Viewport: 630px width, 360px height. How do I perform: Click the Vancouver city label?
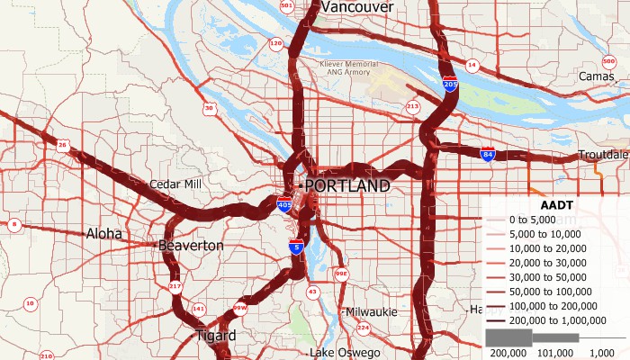pyautogui.click(x=357, y=7)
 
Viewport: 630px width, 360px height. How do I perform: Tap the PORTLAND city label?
pyautogui.click(x=346, y=186)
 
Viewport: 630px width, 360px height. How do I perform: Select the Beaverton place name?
pyautogui.click(x=191, y=245)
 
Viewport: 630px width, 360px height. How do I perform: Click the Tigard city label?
pyautogui.click(x=216, y=336)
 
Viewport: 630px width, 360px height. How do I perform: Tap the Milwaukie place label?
pyautogui.click(x=372, y=311)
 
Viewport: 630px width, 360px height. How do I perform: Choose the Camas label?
pyautogui.click(x=598, y=76)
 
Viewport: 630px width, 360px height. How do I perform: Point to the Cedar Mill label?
pyautogui.click(x=175, y=184)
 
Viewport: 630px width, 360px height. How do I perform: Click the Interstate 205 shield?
pyautogui.click(x=450, y=85)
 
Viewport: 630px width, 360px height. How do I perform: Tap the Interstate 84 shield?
pyautogui.click(x=487, y=155)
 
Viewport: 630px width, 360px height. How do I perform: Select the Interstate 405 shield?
pyautogui.click(x=284, y=205)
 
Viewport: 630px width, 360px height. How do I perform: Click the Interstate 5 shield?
pyautogui.click(x=295, y=246)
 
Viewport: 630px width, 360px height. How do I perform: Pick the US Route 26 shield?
pyautogui.click(x=62, y=144)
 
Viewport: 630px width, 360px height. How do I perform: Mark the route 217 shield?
pyautogui.click(x=175, y=287)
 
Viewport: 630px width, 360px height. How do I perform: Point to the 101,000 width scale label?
pyautogui.click(x=562, y=353)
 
